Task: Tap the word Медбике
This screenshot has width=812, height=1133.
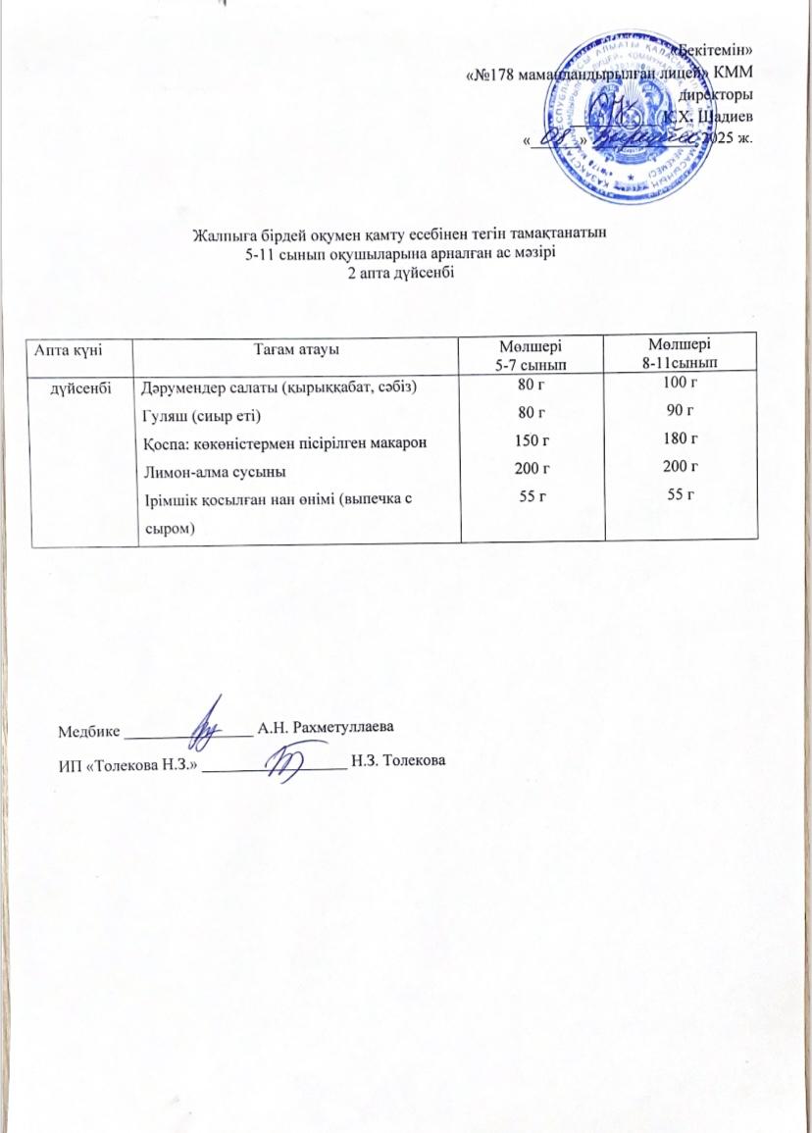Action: coord(88,731)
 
